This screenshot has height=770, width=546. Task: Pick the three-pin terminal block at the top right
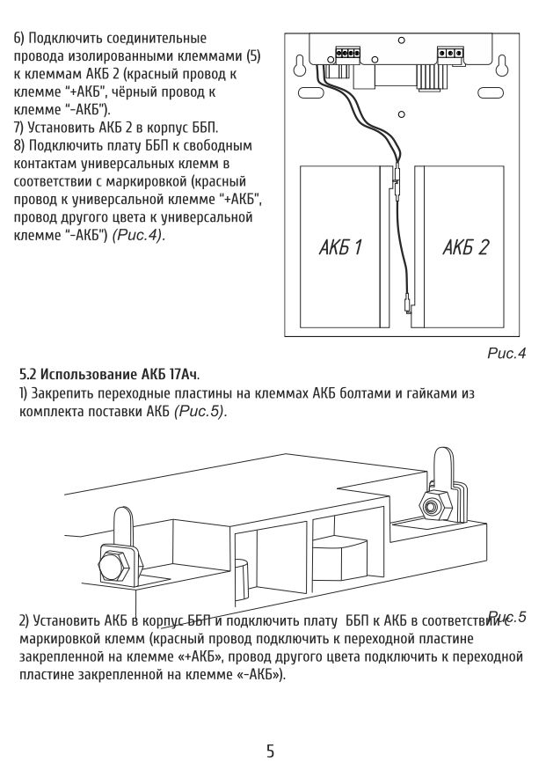[x=450, y=52]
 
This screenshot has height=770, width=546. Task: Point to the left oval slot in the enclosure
[x=309, y=92]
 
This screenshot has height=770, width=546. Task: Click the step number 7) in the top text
[x=19, y=128]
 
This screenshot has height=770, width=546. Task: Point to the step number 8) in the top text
[x=19, y=143]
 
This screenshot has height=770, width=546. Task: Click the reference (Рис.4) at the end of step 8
[x=137, y=237]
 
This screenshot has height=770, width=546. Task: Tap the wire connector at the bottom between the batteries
[x=406, y=302]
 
